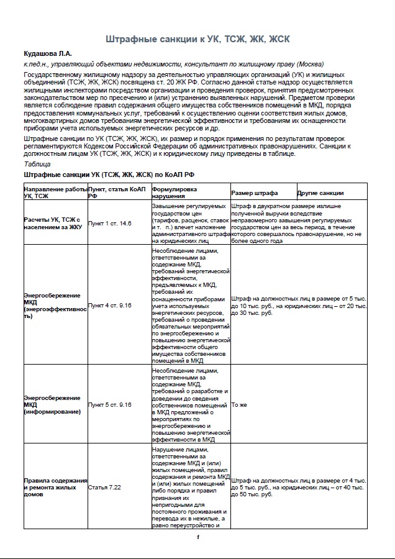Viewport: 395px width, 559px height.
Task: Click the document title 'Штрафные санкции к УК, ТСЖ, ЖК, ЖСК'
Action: tap(197, 39)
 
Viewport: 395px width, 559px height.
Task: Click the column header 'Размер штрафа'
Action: tap(255, 193)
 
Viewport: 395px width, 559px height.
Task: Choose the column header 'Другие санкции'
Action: tap(320, 193)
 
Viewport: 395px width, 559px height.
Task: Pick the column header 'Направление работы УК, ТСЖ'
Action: tap(55, 192)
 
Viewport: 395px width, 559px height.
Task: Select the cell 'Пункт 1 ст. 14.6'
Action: tap(110, 222)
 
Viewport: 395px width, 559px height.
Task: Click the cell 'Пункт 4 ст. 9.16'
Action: tap(110, 306)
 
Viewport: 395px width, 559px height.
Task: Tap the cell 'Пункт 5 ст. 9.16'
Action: tap(110, 405)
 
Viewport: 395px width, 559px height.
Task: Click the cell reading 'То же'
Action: tap(239, 405)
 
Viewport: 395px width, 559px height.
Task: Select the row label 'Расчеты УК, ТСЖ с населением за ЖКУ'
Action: tap(53, 222)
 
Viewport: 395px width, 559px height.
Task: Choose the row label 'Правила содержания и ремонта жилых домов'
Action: tap(55, 488)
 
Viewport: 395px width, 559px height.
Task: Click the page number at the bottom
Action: tap(197, 537)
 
